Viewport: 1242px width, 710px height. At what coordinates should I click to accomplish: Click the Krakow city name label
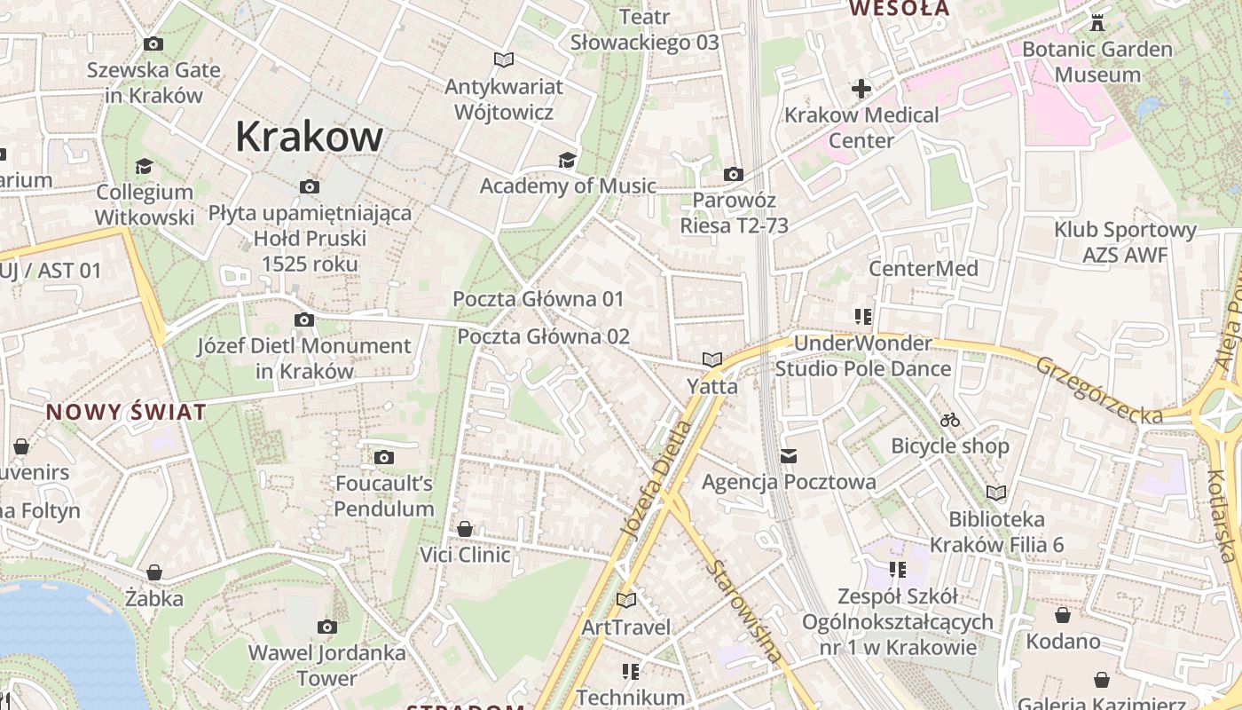(309, 137)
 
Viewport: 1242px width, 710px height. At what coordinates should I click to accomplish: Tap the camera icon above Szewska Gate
(153, 43)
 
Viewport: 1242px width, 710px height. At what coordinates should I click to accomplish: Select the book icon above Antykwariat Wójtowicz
(503, 59)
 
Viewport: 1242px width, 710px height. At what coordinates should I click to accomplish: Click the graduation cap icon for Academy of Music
(566, 160)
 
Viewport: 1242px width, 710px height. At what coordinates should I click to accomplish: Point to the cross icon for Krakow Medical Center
(861, 89)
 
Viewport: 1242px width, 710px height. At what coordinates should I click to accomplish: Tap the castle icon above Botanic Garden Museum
(1097, 22)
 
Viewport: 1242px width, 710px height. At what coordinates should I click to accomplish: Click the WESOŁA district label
(900, 9)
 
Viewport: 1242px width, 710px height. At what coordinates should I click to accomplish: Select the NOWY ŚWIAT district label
(126, 412)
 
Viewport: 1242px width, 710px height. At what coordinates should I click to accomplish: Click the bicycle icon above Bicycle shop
(950, 419)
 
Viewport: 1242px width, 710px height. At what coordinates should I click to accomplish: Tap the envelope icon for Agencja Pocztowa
(789, 456)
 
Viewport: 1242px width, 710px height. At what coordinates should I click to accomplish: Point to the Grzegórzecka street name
(1099, 390)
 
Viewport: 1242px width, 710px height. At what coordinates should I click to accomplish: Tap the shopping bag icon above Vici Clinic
(465, 529)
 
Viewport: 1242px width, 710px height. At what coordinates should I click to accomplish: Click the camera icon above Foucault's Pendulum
(383, 457)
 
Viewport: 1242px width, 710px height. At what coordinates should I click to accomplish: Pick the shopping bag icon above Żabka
(154, 572)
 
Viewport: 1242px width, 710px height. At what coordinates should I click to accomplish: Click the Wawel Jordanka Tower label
(326, 666)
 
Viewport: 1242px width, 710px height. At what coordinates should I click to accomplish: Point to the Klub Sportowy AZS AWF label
(1125, 242)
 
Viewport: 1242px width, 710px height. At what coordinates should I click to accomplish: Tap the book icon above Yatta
(711, 359)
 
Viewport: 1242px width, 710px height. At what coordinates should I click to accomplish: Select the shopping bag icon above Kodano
(1063, 614)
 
